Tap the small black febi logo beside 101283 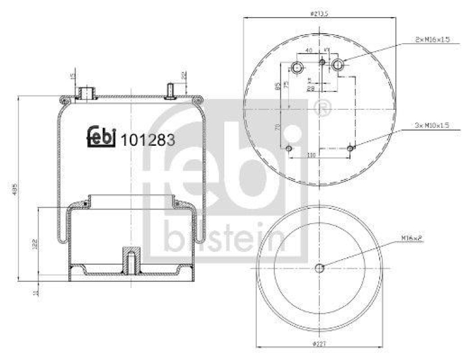(x=101, y=136)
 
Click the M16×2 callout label (x=414, y=238)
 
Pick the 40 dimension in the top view (x=309, y=51)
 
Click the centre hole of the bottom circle (x=320, y=269)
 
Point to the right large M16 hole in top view (x=338, y=64)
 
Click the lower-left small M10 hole (x=289, y=149)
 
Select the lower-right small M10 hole (x=351, y=149)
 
